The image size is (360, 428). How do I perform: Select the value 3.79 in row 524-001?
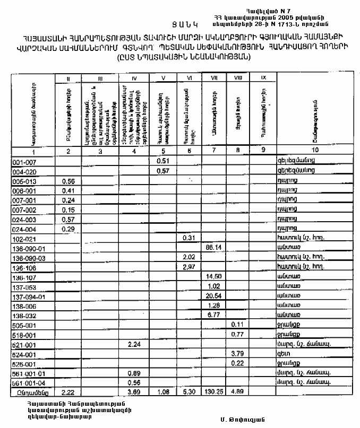[237, 354]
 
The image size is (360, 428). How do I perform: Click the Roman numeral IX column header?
[263, 78]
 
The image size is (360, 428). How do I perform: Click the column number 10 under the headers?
[316, 152]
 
